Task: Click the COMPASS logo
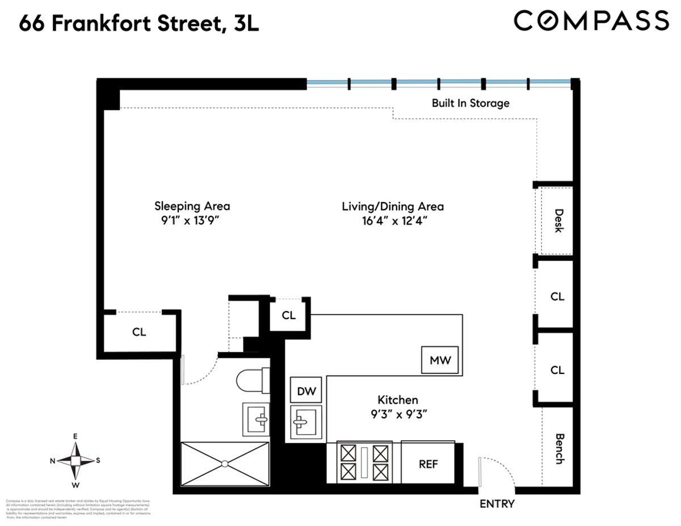(591, 21)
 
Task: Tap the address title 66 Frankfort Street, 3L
(139, 24)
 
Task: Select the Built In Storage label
(470, 103)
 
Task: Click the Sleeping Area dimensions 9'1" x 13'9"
(192, 221)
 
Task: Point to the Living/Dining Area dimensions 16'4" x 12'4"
(393, 221)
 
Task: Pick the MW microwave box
(440, 360)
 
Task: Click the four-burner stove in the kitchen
(364, 461)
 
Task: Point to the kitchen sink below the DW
(306, 422)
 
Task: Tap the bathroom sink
(257, 419)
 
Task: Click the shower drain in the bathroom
(225, 463)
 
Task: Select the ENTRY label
(497, 504)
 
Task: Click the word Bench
(558, 449)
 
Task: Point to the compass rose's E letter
(75, 437)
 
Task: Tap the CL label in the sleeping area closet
(139, 333)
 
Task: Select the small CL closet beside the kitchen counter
(289, 315)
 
